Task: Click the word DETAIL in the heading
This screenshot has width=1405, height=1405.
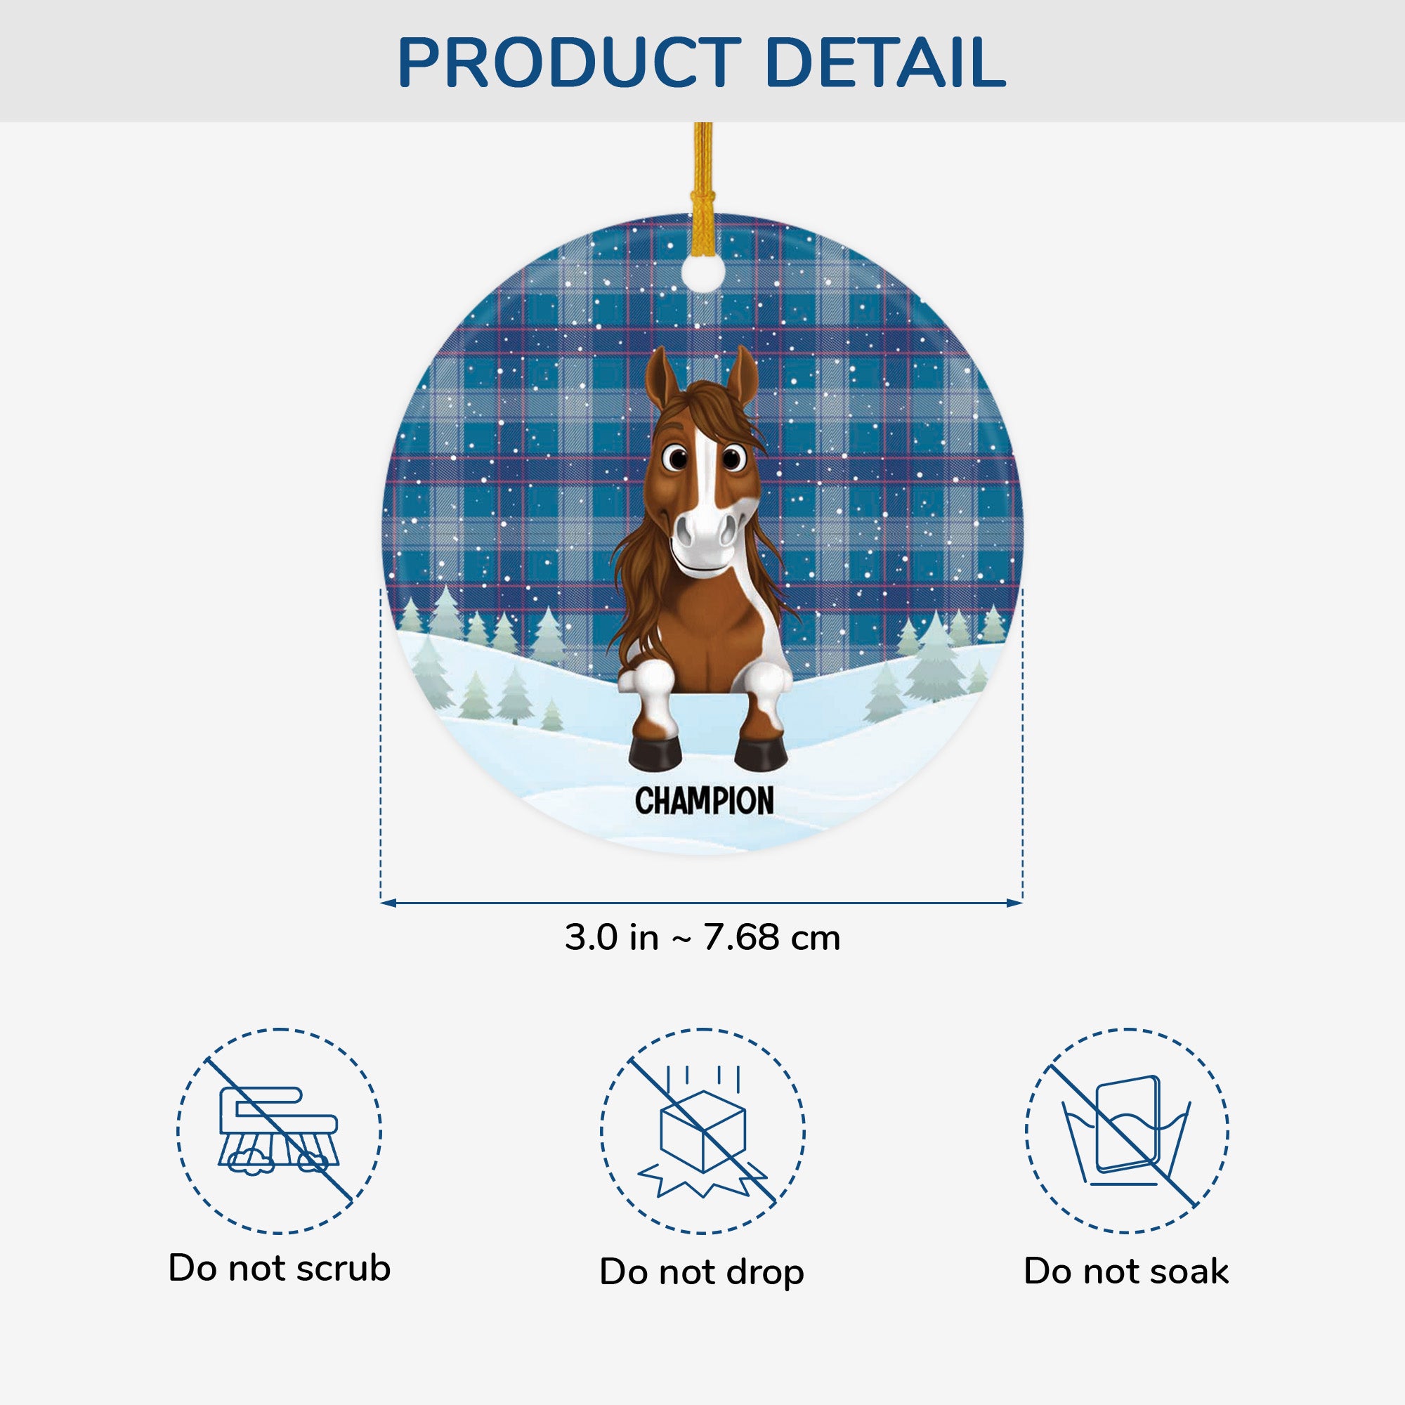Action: point(885,63)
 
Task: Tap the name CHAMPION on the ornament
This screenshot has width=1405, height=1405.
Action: point(704,801)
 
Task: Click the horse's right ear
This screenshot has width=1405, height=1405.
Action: point(745,374)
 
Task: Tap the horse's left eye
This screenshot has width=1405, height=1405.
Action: point(677,458)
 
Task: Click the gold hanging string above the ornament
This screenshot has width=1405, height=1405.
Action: point(702,174)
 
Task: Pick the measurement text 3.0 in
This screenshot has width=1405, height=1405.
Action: point(611,937)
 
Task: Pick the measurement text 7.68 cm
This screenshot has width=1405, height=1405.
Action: point(771,937)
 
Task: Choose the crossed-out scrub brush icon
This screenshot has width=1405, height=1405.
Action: point(280,1131)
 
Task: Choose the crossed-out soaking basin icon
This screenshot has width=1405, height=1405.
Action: point(1127,1131)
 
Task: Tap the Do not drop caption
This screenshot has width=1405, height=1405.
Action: point(702,1272)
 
